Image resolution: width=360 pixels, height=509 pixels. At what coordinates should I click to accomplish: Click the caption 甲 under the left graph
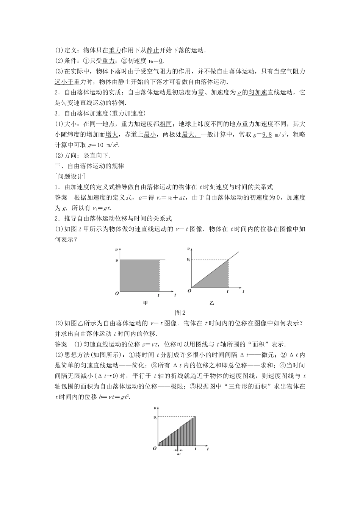coord(145,303)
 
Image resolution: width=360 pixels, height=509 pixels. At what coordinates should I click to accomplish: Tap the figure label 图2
coord(180,313)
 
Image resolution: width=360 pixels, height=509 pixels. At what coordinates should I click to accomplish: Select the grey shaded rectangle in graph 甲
coord(139,275)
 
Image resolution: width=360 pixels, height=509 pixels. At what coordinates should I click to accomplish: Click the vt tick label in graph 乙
coord(188,260)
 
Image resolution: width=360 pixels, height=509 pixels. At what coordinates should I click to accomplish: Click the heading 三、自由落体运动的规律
coord(89,166)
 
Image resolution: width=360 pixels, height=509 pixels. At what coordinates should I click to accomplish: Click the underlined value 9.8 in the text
coord(267,134)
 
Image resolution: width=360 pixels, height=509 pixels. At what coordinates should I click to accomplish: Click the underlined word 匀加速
coord(257,92)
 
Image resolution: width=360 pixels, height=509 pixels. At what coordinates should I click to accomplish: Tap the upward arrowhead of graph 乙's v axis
coord(189,249)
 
